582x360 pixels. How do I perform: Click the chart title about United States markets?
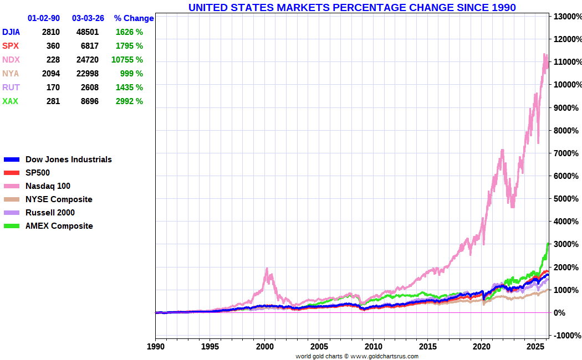[352, 7]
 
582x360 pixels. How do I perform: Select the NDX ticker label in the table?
[11, 60]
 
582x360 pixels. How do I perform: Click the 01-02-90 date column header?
[44, 18]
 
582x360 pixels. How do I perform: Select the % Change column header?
[134, 18]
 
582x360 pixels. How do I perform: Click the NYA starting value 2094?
[50, 74]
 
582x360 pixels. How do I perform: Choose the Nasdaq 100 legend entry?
[48, 186]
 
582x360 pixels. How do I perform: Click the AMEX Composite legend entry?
[59, 226]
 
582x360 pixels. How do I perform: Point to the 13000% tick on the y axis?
[565, 17]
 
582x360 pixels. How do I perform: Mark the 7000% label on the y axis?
[565, 153]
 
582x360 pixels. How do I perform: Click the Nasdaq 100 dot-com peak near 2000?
[267, 269]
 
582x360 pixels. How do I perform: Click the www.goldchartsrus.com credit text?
[384, 356]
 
